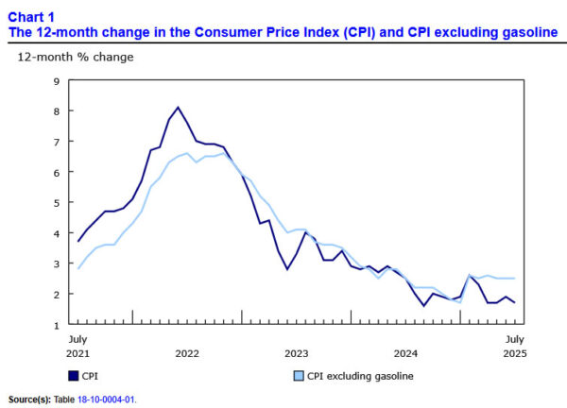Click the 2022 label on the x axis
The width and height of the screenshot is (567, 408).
pyautogui.click(x=187, y=352)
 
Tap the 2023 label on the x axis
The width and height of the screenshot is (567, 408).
pyautogui.click(x=297, y=352)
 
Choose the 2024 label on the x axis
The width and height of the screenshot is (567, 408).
pyautogui.click(x=405, y=352)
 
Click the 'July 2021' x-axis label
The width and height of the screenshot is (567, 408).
pyautogui.click(x=77, y=345)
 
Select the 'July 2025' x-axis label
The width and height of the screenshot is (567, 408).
pyautogui.click(x=513, y=345)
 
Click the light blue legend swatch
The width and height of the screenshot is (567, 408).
pyautogui.click(x=296, y=376)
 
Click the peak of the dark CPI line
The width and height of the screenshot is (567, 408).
pyautogui.click(x=179, y=108)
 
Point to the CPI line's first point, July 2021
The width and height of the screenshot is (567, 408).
pyautogui.click(x=77, y=241)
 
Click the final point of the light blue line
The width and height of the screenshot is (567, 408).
pyautogui.click(x=513, y=279)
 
